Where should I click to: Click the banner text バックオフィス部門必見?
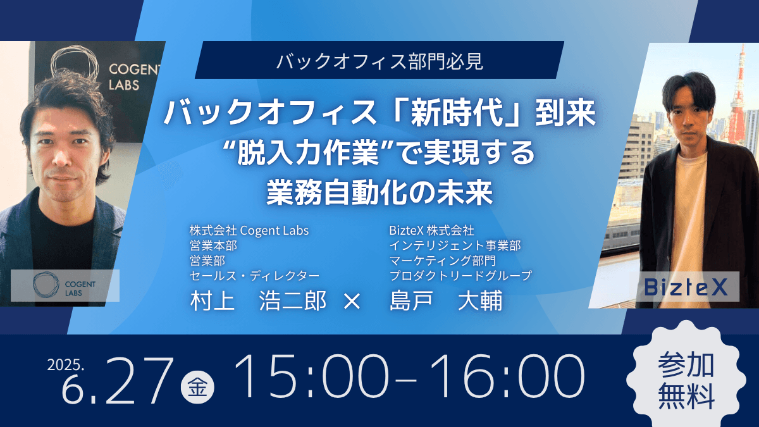tap(379, 61)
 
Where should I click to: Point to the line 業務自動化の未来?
tap(379, 192)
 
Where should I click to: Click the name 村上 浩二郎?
tap(258, 300)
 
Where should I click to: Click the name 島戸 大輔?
tap(446, 300)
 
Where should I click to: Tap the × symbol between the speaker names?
tap(352, 301)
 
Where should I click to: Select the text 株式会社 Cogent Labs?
tap(249, 231)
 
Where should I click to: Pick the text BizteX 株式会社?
tap(431, 231)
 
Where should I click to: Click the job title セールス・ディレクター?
tap(254, 276)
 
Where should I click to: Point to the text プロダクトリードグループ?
tap(461, 276)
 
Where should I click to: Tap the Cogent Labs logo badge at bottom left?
tap(65, 285)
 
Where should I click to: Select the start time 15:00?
tap(311, 376)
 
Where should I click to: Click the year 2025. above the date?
tap(66, 364)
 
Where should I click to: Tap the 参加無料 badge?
tap(686, 380)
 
